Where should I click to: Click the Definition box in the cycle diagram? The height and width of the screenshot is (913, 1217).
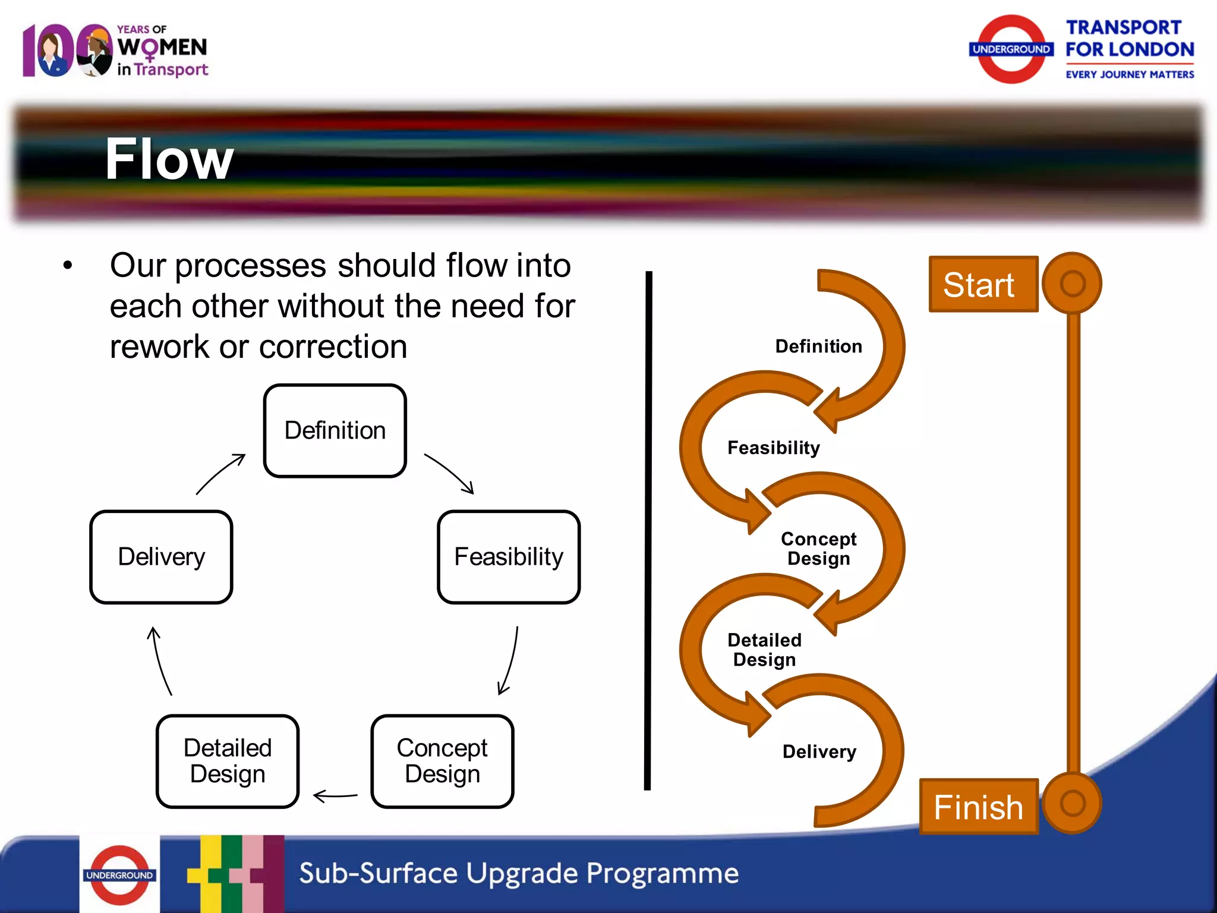coord(335,430)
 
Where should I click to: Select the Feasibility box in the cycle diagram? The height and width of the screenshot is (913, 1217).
coord(508,557)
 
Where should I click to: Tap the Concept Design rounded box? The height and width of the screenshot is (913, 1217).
coord(442,761)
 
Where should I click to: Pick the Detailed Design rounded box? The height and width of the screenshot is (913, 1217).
coord(227,761)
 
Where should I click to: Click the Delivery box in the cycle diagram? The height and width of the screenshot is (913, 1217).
coord(161,557)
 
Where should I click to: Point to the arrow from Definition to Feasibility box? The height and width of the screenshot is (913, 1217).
coord(450,473)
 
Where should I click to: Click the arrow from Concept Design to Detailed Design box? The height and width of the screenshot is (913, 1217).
coord(335,795)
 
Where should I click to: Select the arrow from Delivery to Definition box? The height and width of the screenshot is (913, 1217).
coord(220,474)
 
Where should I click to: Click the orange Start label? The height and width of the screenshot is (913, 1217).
coord(982,285)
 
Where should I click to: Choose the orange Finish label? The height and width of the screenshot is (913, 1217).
coord(978,807)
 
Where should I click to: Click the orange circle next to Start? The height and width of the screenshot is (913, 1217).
coord(1072,284)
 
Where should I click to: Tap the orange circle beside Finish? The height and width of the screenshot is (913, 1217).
coord(1072,803)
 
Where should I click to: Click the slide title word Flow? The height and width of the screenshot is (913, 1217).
coord(169,159)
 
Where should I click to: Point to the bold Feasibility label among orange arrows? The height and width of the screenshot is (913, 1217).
coord(773,448)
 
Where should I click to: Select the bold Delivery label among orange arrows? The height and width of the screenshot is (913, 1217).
coord(819,751)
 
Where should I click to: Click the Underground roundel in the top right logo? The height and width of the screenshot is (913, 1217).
coord(1011,49)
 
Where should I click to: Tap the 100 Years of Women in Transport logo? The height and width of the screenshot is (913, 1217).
coord(115,51)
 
